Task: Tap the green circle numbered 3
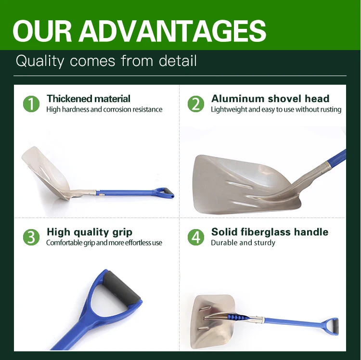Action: click(x=32, y=237)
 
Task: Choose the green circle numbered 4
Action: click(x=196, y=237)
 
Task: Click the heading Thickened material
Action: click(x=89, y=99)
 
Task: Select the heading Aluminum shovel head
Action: click(x=270, y=99)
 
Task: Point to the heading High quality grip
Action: click(x=90, y=232)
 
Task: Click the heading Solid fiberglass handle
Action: click(x=270, y=232)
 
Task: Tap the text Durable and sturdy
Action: click(x=243, y=243)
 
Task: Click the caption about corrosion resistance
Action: click(x=104, y=109)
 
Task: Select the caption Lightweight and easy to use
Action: click(x=276, y=109)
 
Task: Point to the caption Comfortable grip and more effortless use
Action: click(x=104, y=243)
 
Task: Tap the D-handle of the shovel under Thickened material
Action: click(x=164, y=193)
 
